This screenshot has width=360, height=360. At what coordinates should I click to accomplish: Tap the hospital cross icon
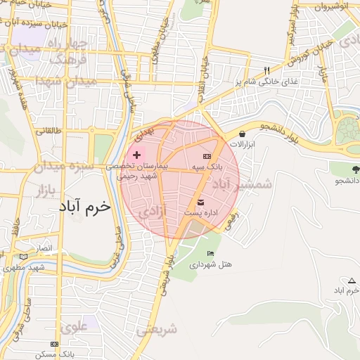pos(136,154)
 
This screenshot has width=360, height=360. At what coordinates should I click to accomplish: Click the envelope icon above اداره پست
pos(200,202)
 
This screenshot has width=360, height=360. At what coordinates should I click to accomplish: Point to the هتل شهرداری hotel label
pos(210,264)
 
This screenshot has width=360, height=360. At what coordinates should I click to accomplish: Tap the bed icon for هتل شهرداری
pos(210,254)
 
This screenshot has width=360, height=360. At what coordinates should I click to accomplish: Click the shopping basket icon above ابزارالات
pos(242,134)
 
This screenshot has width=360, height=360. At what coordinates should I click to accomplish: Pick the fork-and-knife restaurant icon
pos(266,70)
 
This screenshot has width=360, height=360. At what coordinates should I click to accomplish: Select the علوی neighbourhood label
pos(74,326)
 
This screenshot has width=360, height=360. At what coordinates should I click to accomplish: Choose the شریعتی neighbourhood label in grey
pos(156,328)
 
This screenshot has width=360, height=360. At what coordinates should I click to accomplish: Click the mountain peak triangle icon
pos(352,281)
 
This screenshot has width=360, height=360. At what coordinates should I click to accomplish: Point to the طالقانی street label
pos(49,131)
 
